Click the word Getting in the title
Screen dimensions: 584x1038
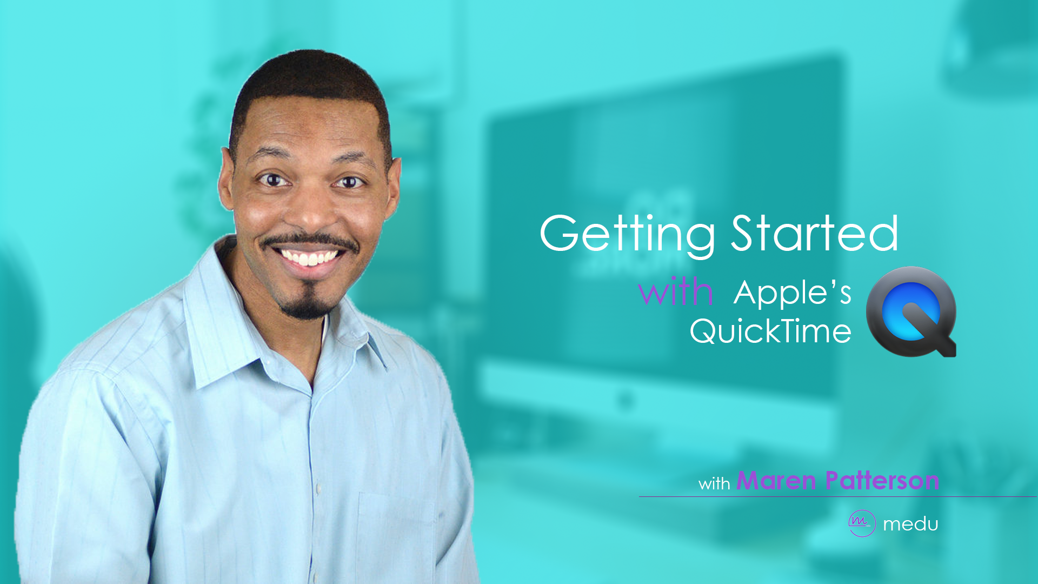pos(627,234)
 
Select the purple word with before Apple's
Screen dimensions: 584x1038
pos(675,292)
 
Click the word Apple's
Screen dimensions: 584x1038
pos(793,294)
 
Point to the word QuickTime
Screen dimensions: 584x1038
pos(770,331)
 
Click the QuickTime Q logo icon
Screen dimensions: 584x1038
pos(911,312)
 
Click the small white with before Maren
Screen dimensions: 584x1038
pos(714,483)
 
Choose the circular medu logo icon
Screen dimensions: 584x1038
pos(862,523)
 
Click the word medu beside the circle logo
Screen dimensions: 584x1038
pos(910,524)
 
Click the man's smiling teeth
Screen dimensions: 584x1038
pos(310,257)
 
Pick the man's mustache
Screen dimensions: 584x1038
pos(308,241)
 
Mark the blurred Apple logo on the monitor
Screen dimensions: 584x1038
pos(626,401)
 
